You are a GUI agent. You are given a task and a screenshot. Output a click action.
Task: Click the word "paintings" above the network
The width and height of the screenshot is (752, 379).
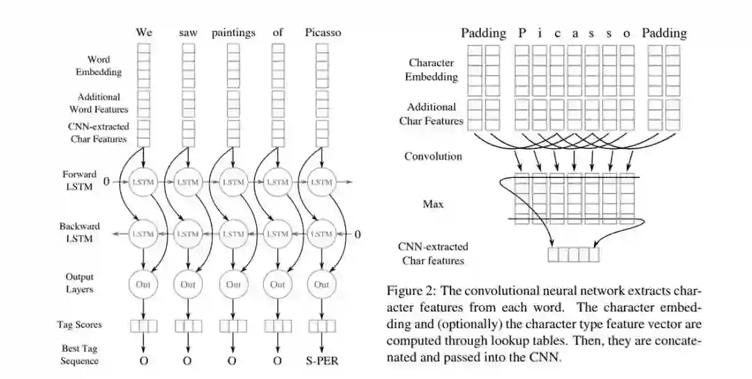(233, 33)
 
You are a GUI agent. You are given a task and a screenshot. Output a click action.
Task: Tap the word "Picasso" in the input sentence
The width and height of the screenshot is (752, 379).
(323, 33)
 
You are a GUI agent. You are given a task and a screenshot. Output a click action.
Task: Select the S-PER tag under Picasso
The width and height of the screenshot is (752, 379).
(322, 360)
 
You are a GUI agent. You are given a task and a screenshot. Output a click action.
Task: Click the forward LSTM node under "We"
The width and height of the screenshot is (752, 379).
(143, 182)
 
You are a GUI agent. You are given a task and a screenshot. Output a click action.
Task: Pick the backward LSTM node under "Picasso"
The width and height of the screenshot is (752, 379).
(322, 234)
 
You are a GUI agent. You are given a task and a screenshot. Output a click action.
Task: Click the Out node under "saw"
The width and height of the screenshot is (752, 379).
(188, 284)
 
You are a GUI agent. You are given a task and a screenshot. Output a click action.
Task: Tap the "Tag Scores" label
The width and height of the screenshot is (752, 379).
(79, 325)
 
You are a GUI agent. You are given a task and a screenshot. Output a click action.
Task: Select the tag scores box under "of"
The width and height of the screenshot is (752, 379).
(278, 325)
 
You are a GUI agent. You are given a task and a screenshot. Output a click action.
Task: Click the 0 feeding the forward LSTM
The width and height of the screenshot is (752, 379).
(107, 182)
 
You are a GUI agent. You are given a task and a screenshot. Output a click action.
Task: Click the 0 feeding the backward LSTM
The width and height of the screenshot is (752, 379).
(358, 234)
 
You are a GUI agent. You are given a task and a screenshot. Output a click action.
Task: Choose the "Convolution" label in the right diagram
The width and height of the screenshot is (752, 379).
(433, 156)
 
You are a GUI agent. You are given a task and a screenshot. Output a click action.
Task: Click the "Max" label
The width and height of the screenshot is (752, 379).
(433, 204)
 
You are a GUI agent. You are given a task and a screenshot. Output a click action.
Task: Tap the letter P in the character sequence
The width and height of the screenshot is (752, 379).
(521, 33)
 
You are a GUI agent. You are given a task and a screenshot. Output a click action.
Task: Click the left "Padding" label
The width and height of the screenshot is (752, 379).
(483, 33)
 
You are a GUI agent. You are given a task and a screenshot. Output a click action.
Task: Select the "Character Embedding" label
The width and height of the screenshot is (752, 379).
(431, 70)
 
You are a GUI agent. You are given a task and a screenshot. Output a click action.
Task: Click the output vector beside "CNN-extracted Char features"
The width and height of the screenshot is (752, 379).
(573, 255)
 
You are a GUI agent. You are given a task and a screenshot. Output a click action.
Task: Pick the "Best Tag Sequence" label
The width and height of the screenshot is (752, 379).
(79, 354)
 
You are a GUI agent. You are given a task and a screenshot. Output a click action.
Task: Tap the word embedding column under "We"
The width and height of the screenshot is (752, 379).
(143, 63)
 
